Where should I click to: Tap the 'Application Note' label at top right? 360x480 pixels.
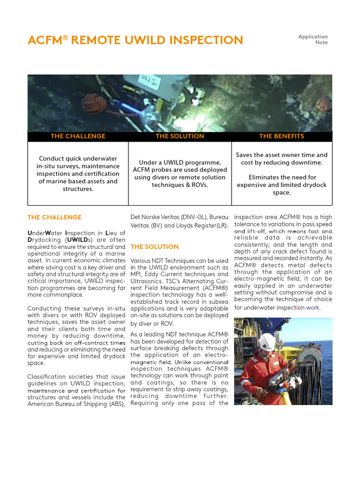tap(313, 39)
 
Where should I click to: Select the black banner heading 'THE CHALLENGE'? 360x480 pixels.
tap(78, 136)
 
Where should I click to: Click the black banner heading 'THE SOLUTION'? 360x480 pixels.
tap(180, 136)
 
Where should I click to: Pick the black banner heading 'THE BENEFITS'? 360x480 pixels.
tap(282, 136)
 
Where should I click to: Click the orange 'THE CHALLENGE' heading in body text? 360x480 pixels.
tap(54, 217)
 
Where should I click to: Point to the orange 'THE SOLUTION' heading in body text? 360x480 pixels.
tap(154, 247)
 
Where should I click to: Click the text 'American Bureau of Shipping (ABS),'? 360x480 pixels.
tap(76, 404)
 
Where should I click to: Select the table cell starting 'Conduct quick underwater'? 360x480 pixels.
tap(78, 174)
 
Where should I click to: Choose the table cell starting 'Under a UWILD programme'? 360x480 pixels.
tap(180, 174)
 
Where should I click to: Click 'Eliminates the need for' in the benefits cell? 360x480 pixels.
tap(282, 178)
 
